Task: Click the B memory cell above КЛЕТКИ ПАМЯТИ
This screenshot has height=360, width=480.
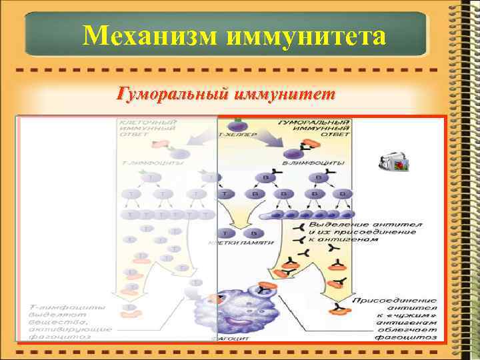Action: click(x=252, y=233)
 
